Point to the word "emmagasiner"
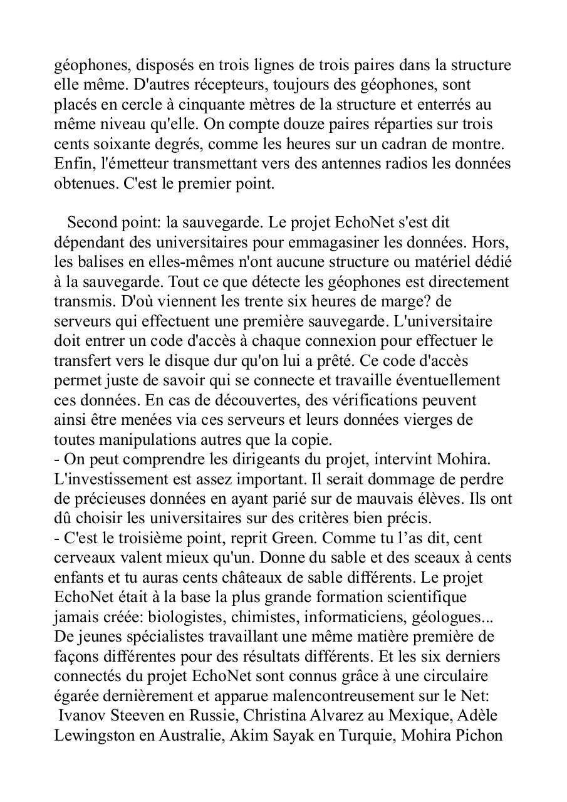click(x=346, y=242)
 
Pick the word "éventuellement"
click(x=455, y=380)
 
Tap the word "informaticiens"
click(x=353, y=617)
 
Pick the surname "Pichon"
click(x=481, y=736)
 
